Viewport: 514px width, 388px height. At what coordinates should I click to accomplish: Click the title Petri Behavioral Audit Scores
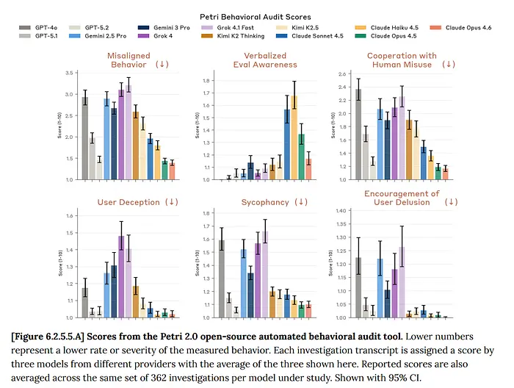256,15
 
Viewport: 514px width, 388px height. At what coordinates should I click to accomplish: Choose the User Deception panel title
128,201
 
